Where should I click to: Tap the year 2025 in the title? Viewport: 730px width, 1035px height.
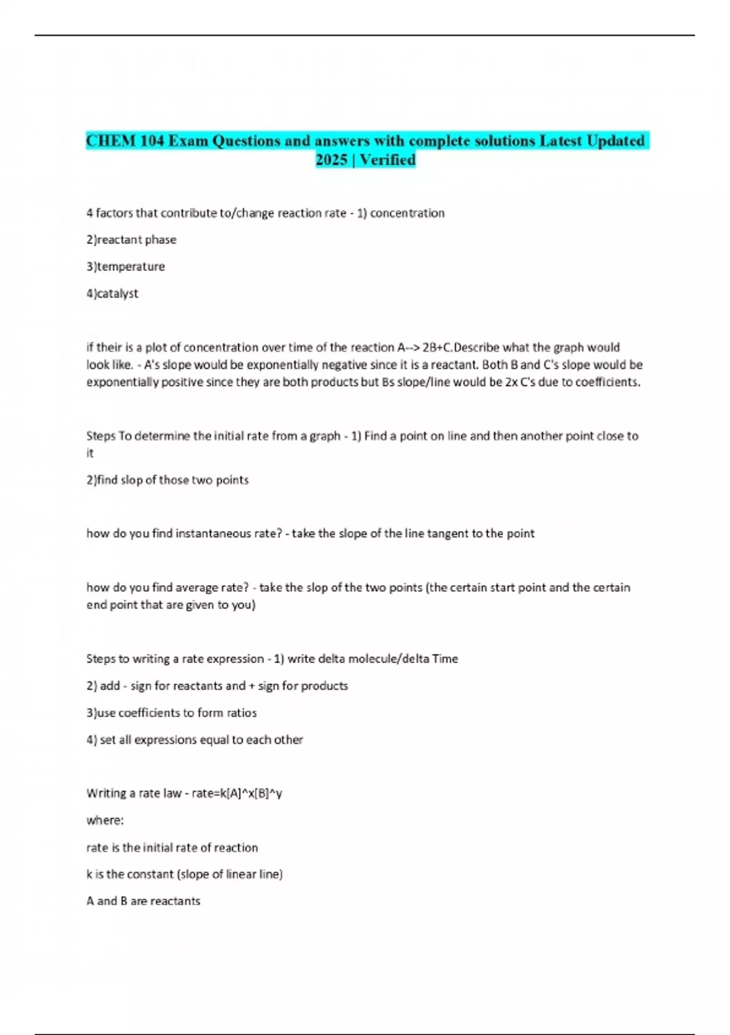331,160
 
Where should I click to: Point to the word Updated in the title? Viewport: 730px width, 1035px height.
616,141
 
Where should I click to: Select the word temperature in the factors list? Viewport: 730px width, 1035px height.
131,267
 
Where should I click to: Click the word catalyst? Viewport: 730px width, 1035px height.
118,293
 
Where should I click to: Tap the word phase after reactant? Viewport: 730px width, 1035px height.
161,240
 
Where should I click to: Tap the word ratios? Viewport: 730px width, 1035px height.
242,713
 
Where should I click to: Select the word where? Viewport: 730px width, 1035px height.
105,820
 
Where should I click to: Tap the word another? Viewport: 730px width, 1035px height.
543,436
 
